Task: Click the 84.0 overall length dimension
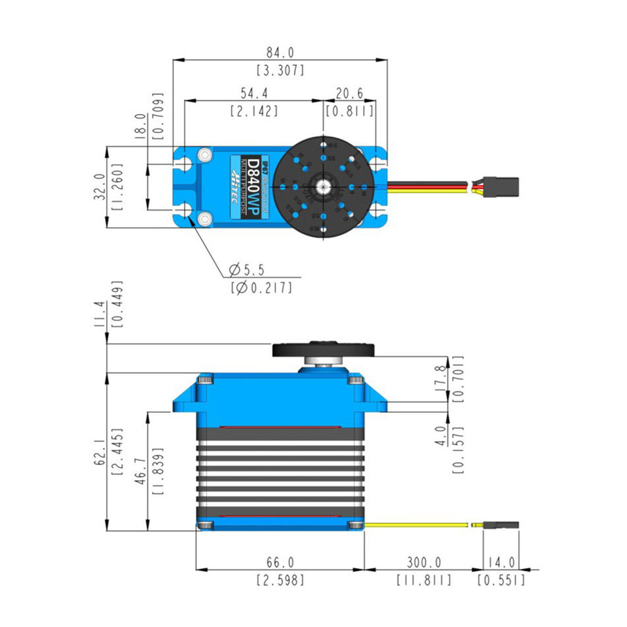click(x=280, y=53)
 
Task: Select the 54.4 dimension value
click(x=254, y=93)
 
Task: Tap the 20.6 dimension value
click(x=350, y=93)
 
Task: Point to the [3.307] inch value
click(x=280, y=70)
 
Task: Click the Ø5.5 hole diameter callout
click(x=247, y=269)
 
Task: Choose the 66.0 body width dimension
click(x=280, y=562)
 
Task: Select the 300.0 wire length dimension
click(x=424, y=562)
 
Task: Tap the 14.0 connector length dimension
click(x=500, y=562)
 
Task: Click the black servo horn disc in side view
click(x=323, y=350)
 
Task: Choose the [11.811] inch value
click(x=424, y=580)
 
